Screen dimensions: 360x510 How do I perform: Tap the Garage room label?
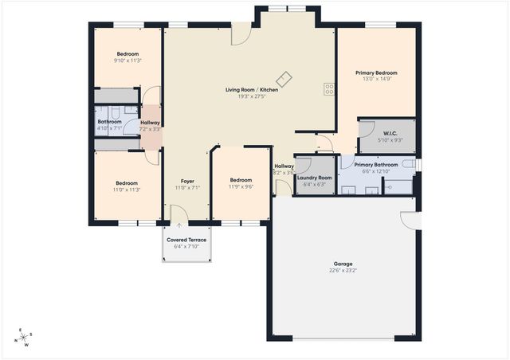343,264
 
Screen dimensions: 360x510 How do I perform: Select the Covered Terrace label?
186,240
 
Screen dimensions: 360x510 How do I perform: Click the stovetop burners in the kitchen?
328,88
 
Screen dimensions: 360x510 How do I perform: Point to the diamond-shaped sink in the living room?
284,79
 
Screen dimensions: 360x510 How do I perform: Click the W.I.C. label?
390,133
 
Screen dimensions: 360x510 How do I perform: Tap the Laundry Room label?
313,178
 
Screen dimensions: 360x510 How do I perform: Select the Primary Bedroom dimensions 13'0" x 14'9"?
376,79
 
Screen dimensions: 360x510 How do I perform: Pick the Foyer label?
186,181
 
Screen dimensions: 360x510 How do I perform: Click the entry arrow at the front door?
179,226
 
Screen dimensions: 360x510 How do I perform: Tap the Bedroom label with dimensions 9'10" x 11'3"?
127,54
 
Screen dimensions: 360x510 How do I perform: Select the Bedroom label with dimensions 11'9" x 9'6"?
241,180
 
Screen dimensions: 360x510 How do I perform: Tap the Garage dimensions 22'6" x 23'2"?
343,271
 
